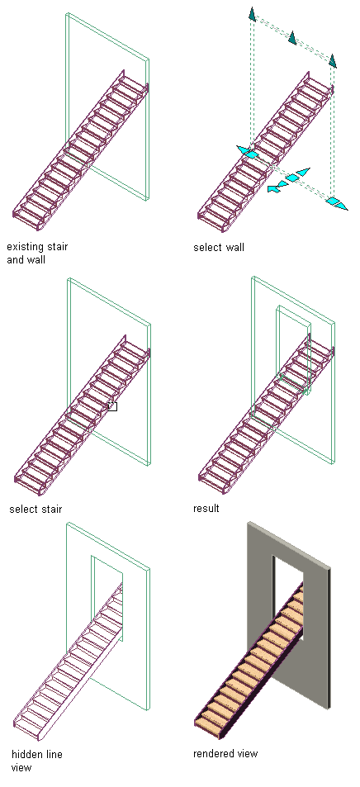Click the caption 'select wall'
(x=219, y=248)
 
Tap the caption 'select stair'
(x=36, y=509)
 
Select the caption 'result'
(x=206, y=509)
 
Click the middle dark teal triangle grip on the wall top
(x=292, y=37)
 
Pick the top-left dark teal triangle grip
(x=252, y=14)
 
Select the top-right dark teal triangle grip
(x=332, y=60)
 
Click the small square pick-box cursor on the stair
(x=112, y=406)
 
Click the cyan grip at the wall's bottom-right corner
(x=335, y=203)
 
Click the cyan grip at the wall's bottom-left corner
(x=248, y=152)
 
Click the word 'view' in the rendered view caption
(x=247, y=753)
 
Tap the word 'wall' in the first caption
(x=37, y=260)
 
